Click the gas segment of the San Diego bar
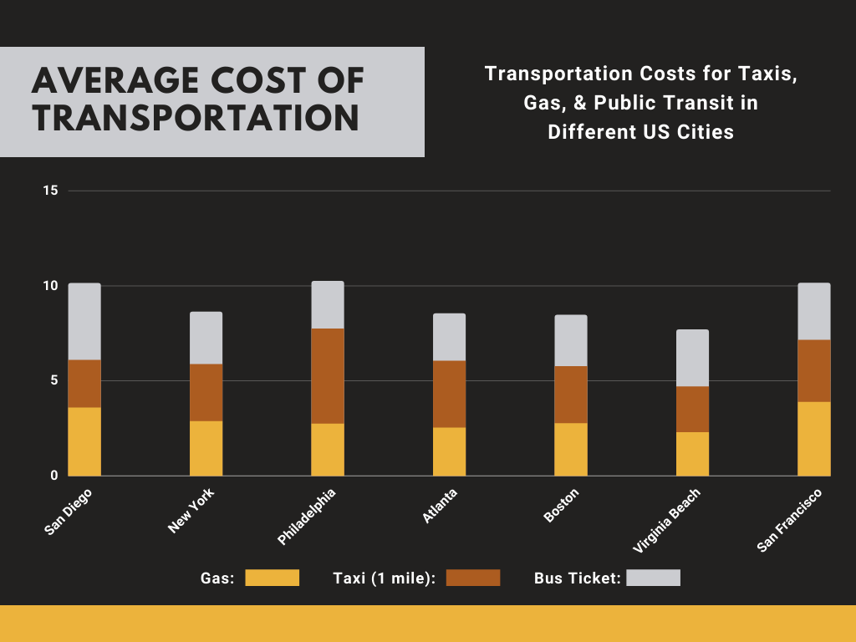[x=84, y=441]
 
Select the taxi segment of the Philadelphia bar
[x=328, y=376]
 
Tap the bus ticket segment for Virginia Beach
[x=692, y=358]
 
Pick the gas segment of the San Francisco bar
[x=814, y=439]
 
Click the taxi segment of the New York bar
[x=206, y=392]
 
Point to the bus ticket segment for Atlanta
[x=449, y=337]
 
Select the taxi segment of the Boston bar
[x=571, y=395]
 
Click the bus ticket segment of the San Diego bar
[x=84, y=322]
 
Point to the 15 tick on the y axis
[x=51, y=191]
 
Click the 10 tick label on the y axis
[x=51, y=286]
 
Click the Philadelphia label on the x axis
[x=306, y=518]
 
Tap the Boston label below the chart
[x=561, y=507]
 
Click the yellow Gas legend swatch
[x=272, y=578]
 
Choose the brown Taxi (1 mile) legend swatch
[x=473, y=578]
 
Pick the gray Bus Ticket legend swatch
[x=653, y=578]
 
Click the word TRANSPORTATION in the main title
[x=196, y=118]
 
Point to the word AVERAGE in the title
[x=112, y=81]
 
